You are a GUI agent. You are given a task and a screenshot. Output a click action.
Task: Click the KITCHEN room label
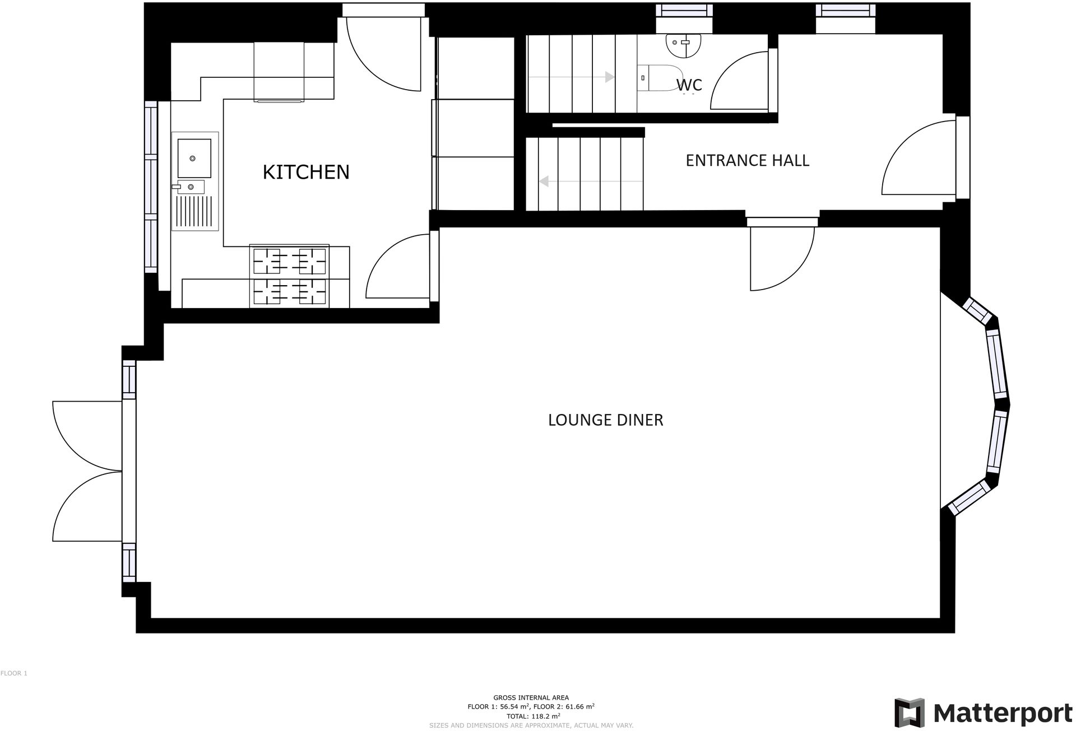[306, 172]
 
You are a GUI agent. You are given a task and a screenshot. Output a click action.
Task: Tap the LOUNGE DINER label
[605, 420]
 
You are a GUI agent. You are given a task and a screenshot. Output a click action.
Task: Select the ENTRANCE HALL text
[747, 161]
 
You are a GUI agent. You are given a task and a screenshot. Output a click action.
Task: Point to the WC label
[689, 85]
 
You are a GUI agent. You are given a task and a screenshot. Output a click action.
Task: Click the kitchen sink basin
[194, 158]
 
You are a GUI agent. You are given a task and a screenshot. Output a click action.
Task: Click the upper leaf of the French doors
[84, 434]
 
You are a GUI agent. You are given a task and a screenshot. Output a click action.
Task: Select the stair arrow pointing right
[572, 77]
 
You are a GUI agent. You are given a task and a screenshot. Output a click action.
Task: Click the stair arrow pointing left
[588, 181]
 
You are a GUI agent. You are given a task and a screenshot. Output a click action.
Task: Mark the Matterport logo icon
[910, 712]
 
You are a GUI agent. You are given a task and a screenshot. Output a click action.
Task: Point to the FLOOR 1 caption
[14, 673]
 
